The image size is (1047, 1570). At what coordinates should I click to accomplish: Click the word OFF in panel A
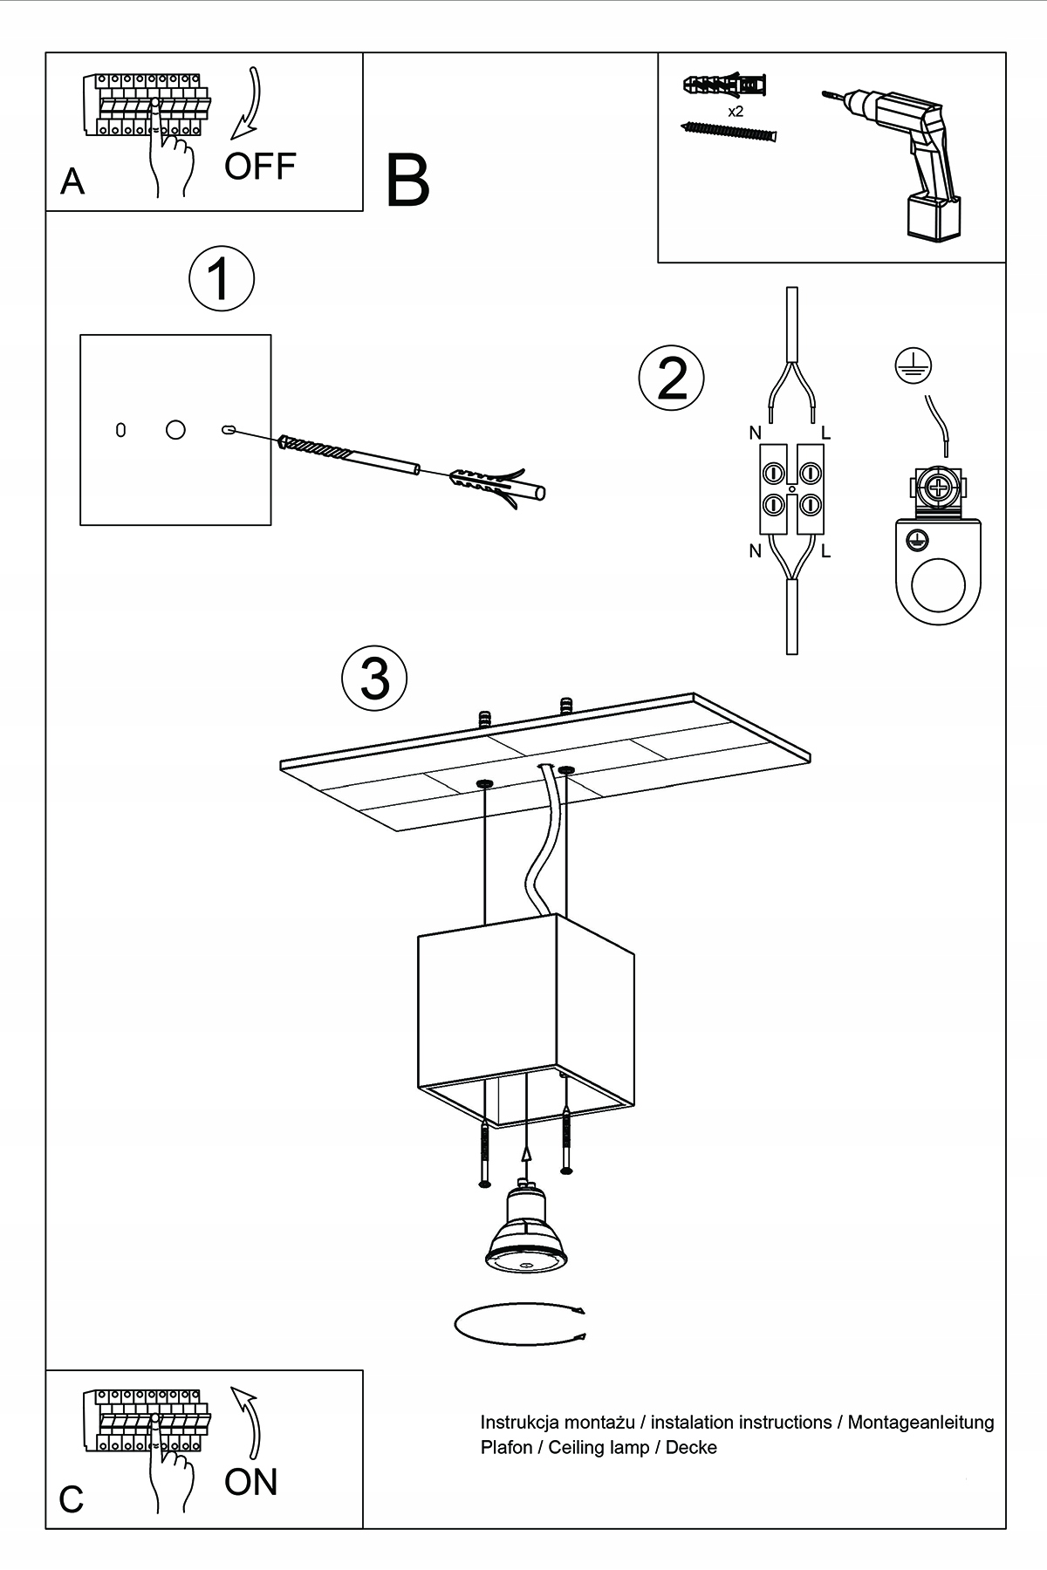pyautogui.click(x=260, y=166)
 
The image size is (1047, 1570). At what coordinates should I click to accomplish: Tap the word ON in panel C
pyautogui.click(x=250, y=1482)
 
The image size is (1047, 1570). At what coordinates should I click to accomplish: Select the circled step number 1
pyautogui.click(x=222, y=280)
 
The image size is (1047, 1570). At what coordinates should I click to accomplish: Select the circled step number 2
pyautogui.click(x=671, y=379)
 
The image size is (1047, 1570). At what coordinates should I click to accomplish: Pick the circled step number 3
pyautogui.click(x=375, y=679)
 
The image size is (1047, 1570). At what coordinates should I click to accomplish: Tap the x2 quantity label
pyautogui.click(x=735, y=112)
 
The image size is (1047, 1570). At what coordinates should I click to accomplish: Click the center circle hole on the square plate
pyautogui.click(x=175, y=429)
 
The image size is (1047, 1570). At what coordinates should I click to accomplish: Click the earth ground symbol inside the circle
pyautogui.click(x=914, y=365)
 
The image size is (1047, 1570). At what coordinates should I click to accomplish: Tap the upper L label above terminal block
pyautogui.click(x=825, y=433)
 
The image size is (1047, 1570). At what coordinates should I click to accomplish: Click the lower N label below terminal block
pyautogui.click(x=755, y=550)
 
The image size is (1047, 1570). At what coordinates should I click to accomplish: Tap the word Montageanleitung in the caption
pyautogui.click(x=920, y=1423)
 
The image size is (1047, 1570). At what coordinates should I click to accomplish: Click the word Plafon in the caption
pyautogui.click(x=506, y=1448)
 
